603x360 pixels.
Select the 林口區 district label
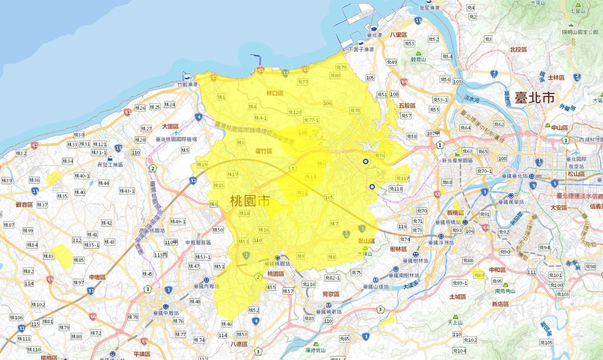coord(275,94)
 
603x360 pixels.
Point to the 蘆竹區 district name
coord(263,151)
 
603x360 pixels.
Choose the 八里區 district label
coord(397,35)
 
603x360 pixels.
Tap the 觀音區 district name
coord(24,205)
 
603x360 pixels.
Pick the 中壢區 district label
coord(97,278)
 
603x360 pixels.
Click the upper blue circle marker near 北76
coord(365,161)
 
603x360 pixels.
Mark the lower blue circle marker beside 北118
coord(372,187)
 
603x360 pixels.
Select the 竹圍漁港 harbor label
coord(188,84)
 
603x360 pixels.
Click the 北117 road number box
coord(403,178)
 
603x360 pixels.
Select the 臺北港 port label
coord(375,35)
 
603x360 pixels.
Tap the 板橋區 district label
coord(454,213)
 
